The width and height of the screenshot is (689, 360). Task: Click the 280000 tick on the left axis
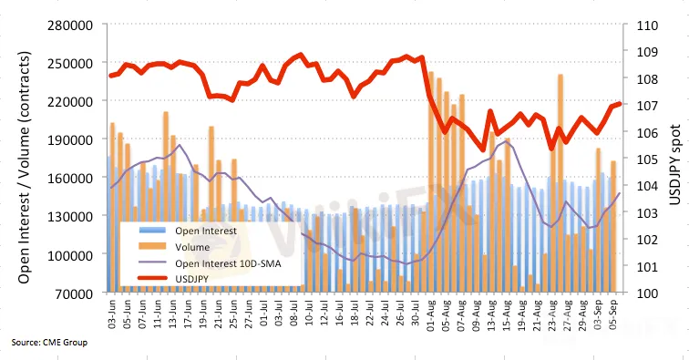[70, 25]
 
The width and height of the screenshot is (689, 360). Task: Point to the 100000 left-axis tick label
[70, 255]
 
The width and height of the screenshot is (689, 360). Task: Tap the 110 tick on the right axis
[647, 25]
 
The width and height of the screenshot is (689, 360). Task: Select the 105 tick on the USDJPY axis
[647, 159]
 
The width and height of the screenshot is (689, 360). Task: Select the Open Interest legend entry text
[206, 231]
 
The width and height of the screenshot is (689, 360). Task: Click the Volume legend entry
[192, 247]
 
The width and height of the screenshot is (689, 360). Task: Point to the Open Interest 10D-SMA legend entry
[228, 263]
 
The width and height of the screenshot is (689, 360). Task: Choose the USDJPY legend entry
[192, 279]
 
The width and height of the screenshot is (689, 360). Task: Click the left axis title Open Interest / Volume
[25, 168]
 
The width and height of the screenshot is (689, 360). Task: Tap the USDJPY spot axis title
[674, 165]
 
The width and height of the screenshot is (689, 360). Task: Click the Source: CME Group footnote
[49, 342]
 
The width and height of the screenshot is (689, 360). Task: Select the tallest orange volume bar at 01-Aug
[431, 181]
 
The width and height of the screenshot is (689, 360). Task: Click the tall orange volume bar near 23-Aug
[560, 183]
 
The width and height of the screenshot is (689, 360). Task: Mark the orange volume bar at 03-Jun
[112, 207]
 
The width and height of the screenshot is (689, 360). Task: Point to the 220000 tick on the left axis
[70, 101]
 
